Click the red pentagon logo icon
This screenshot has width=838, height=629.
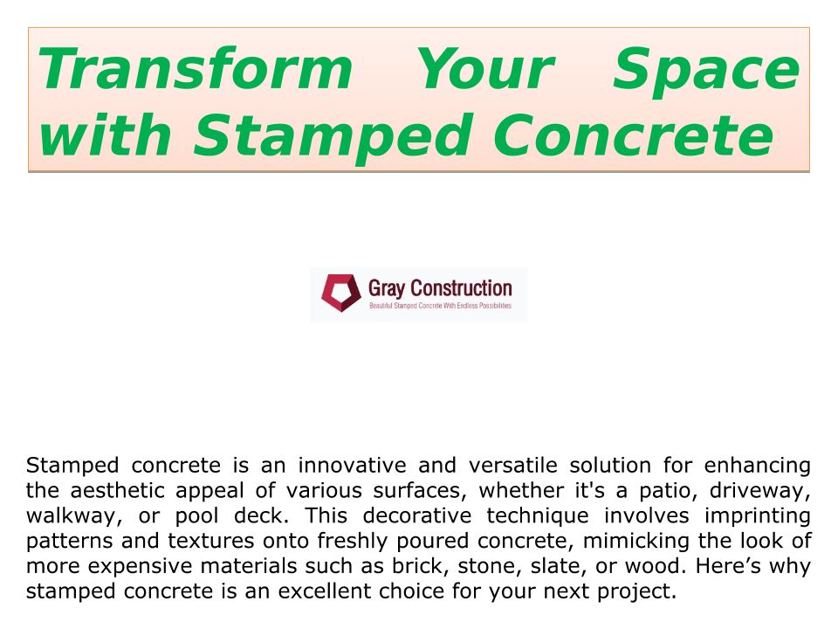[341, 294]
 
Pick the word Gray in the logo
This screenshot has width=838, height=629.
[387, 289]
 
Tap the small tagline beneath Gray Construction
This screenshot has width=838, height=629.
[440, 306]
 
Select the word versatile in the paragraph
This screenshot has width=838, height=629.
[513, 466]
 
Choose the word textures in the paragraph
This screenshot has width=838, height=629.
[211, 541]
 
